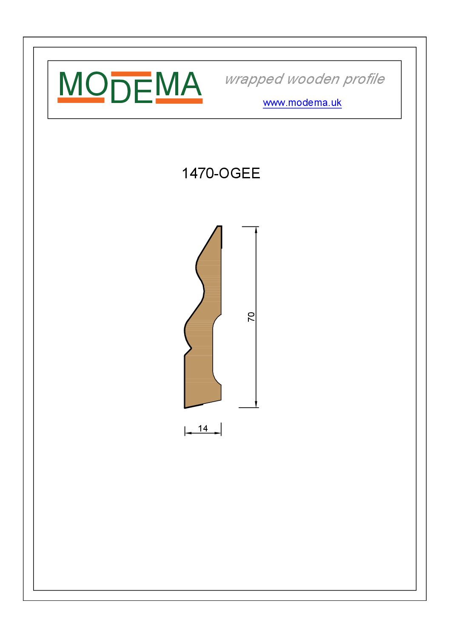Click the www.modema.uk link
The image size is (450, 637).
click(302, 103)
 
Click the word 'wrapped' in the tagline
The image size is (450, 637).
click(254, 79)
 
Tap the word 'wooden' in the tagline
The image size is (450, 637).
click(313, 79)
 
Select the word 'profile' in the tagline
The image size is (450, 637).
click(364, 79)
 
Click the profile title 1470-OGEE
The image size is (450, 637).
click(221, 173)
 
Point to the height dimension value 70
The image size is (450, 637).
click(251, 317)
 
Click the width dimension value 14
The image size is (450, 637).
click(203, 428)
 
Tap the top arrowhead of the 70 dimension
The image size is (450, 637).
click(256, 230)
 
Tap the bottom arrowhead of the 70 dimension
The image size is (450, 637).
click(256, 404)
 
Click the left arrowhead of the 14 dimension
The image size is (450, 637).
click(188, 433)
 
